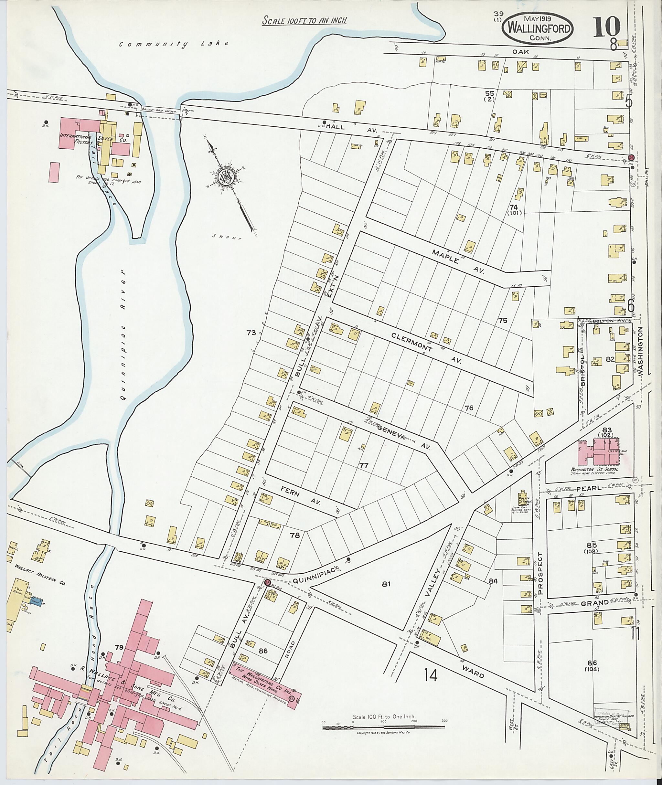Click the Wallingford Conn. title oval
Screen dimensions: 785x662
click(541, 28)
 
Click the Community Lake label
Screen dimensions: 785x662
click(174, 44)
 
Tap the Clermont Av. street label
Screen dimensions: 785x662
click(426, 347)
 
